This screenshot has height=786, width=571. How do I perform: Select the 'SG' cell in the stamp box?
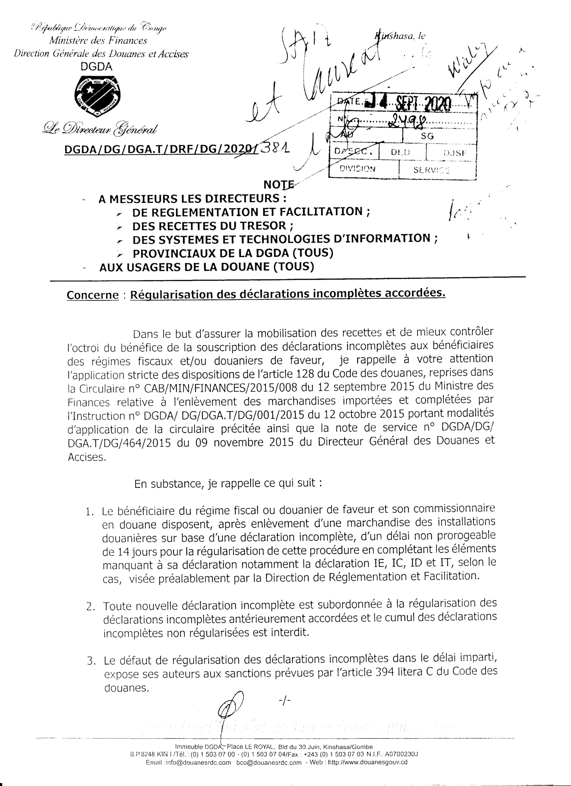(x=428, y=136)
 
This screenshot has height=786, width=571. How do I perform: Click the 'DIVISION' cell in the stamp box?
(x=358, y=168)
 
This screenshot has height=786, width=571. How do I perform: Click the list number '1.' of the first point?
(x=89, y=512)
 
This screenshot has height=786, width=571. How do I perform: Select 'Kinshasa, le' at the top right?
(x=401, y=36)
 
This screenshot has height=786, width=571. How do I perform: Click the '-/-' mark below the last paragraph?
(x=284, y=701)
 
